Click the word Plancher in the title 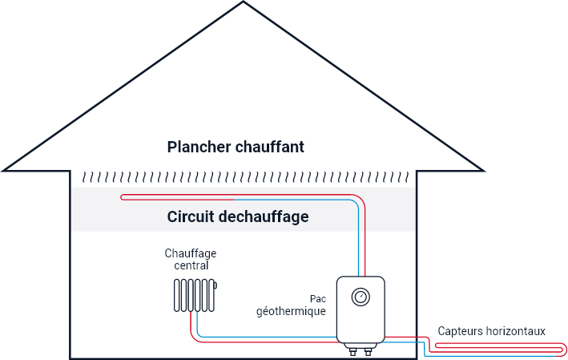[x=199, y=148]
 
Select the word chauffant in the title [x=270, y=148]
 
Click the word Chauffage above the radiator [x=191, y=253]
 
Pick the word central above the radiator [x=191, y=265]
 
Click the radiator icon [x=195, y=294]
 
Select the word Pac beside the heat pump [x=318, y=298]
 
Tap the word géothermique [x=291, y=310]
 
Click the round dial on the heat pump [x=361, y=297]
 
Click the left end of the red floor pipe [x=121, y=197]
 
